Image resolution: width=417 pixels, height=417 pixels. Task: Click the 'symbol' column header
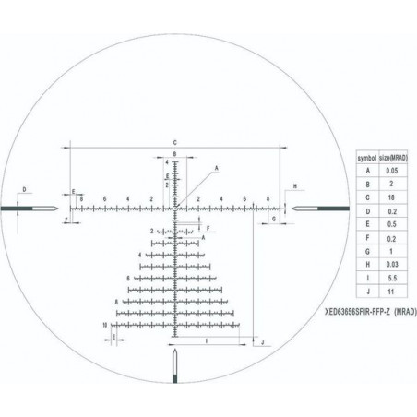(366, 158)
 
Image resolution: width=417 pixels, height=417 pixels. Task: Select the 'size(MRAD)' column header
(395, 158)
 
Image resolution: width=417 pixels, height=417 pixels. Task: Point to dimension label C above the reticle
(174, 140)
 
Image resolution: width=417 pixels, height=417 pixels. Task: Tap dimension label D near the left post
(25, 190)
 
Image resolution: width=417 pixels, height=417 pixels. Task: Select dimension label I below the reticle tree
(205, 340)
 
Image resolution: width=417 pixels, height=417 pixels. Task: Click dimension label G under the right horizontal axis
(275, 220)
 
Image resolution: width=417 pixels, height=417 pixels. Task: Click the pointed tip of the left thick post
(60, 208)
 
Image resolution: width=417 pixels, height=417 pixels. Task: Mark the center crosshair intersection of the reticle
(176, 208)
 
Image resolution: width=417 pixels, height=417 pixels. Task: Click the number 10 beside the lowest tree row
(106, 326)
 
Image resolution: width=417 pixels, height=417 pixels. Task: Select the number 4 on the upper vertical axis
(168, 162)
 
